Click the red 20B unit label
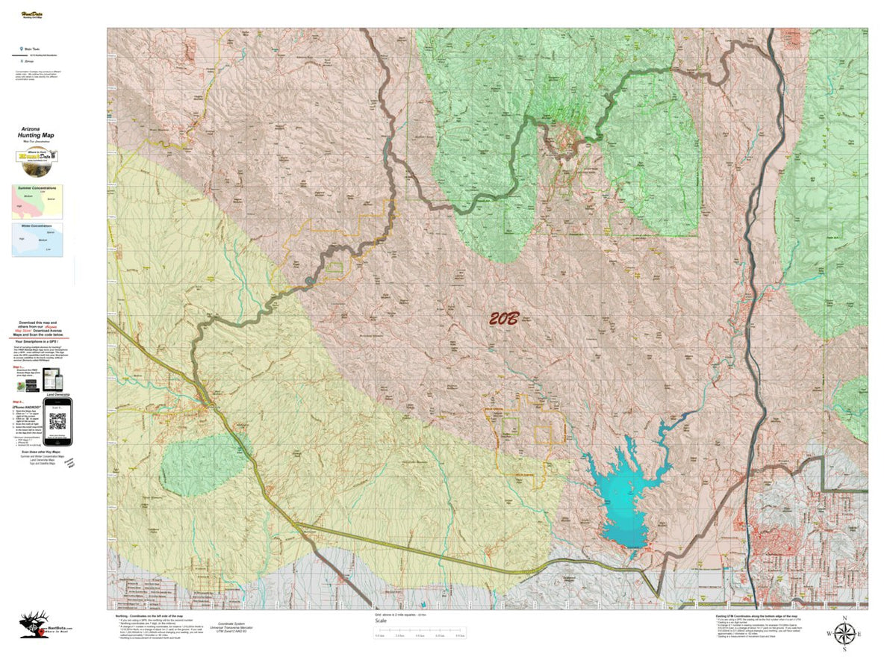504,319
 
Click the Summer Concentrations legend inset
37,202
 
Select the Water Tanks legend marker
20,47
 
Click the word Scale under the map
382,621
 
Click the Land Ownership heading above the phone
57,395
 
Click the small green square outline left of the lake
511,426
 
